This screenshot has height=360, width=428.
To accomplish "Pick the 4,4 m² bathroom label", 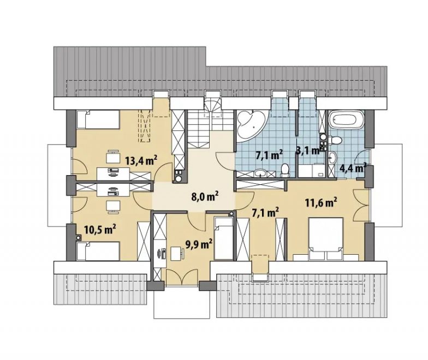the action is click(353, 168).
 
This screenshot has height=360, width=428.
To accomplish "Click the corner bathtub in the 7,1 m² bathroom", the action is click(251, 124).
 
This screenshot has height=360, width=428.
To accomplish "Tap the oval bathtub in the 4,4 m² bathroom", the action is click(346, 119).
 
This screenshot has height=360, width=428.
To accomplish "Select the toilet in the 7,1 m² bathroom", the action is click(285, 170).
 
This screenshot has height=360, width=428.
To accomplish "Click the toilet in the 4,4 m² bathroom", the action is click(335, 140).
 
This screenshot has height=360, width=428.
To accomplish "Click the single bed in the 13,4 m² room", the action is click(98, 119).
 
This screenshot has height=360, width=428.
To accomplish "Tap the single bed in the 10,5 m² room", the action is click(98, 251).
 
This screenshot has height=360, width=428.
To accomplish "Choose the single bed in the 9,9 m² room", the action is click(224, 238).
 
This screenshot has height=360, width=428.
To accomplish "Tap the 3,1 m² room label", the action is click(308, 151).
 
